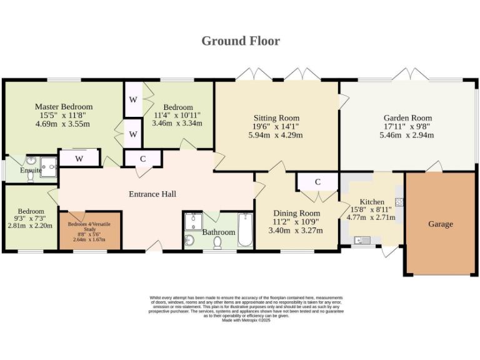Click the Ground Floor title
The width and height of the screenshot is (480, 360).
click(241, 41)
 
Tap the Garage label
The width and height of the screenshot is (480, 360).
click(441, 224)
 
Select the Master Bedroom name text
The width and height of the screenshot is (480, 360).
click(64, 106)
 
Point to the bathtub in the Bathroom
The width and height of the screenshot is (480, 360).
click(245, 230)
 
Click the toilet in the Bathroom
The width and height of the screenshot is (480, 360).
click(217, 242)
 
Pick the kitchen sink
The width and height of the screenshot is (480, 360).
click(362, 240)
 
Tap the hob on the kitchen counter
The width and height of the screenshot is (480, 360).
click(399, 202)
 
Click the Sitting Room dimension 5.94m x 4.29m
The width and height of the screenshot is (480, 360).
click(276, 135)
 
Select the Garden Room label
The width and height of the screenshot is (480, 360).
click(407, 118)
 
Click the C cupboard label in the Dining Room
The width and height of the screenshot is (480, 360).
click(317, 182)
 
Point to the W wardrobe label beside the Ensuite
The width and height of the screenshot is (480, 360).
click(79, 159)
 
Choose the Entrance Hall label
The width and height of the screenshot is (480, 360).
click(152, 194)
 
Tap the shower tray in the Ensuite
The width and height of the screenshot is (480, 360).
click(48, 167)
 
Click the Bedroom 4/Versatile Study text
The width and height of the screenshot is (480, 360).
click(89, 226)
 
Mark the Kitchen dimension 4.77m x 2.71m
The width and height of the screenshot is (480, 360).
click(371, 217)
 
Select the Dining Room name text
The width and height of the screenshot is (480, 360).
click(297, 213)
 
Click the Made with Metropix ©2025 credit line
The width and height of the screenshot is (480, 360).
click(246, 320)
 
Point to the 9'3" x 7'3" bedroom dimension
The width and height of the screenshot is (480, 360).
click(31, 219)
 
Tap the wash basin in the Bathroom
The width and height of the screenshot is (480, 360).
click(190, 240)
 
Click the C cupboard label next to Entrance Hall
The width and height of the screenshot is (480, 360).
click(143, 159)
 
